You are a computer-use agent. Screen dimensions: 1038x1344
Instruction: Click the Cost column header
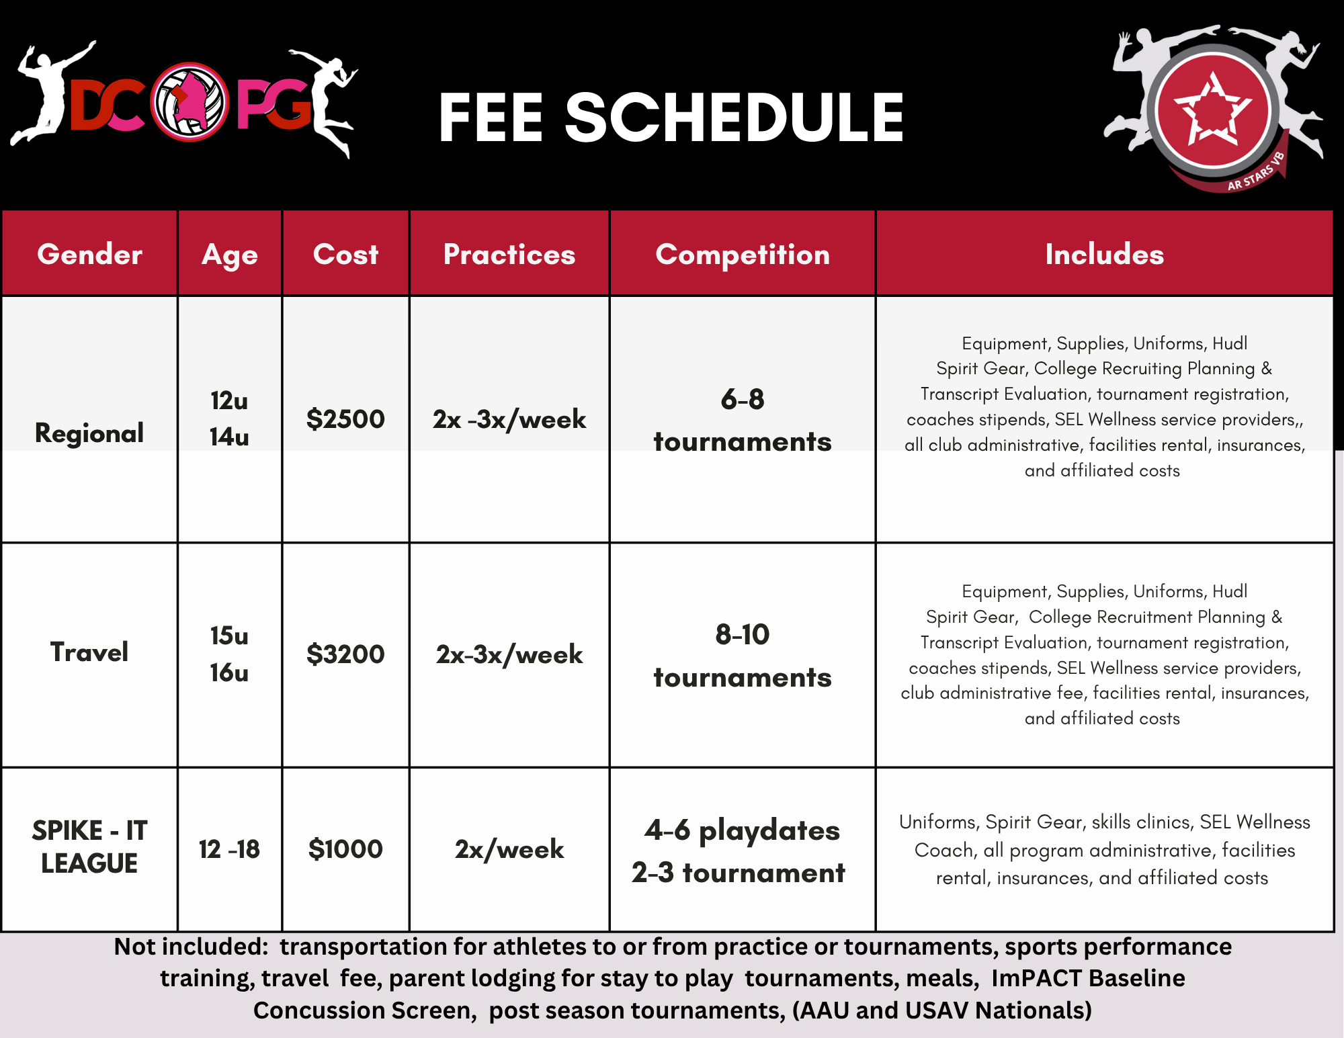click(345, 255)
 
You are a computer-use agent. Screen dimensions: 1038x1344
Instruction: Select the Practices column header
click(509, 255)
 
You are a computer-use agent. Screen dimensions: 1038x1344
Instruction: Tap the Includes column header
click(1104, 255)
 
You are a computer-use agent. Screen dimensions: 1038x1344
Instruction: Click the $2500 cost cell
click(345, 419)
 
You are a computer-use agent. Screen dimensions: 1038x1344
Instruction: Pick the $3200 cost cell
click(345, 654)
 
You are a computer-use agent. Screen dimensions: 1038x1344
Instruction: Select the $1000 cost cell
click(345, 849)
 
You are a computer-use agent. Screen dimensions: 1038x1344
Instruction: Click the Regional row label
click(89, 433)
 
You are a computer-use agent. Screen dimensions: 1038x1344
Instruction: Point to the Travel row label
click(89, 652)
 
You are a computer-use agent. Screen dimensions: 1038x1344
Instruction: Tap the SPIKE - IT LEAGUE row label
click(89, 847)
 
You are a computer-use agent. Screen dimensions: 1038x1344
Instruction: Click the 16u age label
click(229, 673)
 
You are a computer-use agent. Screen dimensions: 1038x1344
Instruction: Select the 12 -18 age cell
click(229, 849)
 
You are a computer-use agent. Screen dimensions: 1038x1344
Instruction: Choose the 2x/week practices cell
click(509, 849)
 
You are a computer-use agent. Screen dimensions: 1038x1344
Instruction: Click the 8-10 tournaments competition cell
click(742, 655)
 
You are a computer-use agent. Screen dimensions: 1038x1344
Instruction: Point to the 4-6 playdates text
click(742, 830)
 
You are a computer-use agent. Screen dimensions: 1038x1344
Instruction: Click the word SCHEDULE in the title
click(734, 118)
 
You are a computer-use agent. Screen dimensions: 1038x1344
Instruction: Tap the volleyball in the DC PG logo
click(190, 102)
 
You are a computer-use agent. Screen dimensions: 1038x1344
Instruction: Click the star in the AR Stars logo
click(1212, 110)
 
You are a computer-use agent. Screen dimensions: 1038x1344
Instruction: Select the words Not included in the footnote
click(192, 947)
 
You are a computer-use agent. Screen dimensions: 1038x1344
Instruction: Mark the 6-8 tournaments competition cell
click(742, 420)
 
